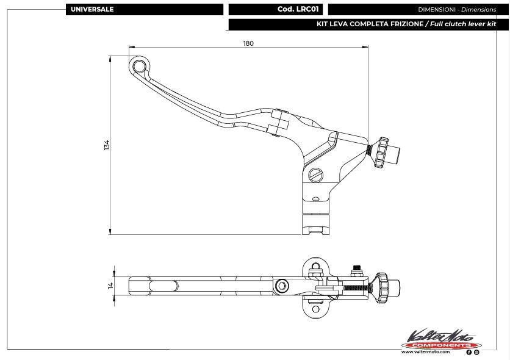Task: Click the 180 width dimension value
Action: pyautogui.click(x=248, y=43)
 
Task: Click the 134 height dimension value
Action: pyautogui.click(x=107, y=145)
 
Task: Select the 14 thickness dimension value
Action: pyautogui.click(x=110, y=285)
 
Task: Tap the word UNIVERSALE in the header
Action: pyautogui.click(x=92, y=10)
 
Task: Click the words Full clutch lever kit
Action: pyautogui.click(x=462, y=24)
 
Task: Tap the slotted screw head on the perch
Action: pyautogui.click(x=315, y=175)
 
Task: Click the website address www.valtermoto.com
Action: pyautogui.click(x=426, y=352)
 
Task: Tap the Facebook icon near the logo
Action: pyautogui.click(x=469, y=352)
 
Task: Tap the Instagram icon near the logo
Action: pyautogui.click(x=476, y=352)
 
